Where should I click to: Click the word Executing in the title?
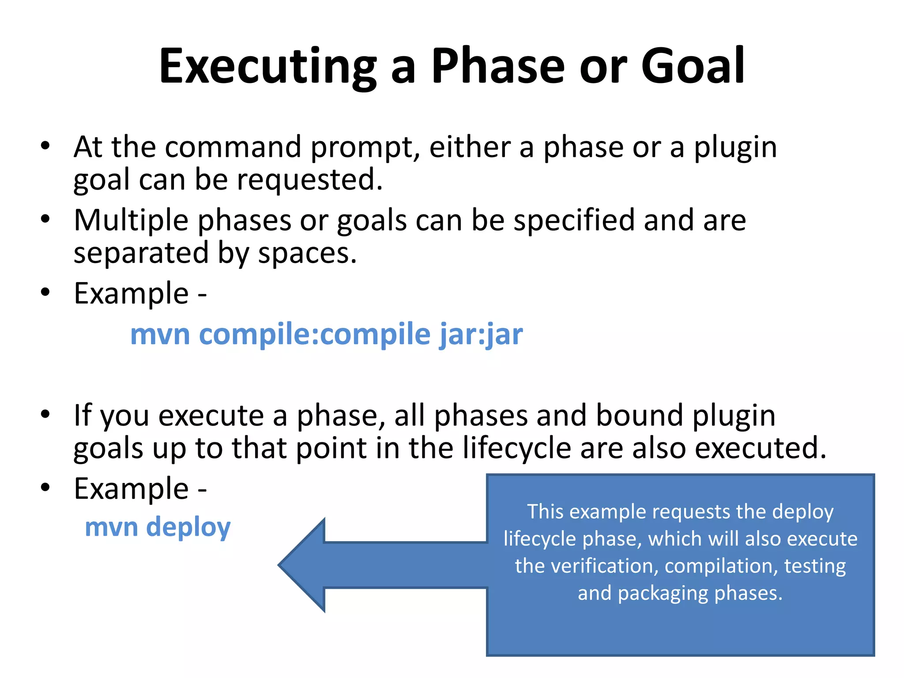tap(267, 66)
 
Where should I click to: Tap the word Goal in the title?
tap(693, 66)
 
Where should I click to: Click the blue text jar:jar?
tap(481, 334)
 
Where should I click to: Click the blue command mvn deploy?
tap(158, 527)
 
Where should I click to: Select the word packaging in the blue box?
tap(663, 593)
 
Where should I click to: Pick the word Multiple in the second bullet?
tap(131, 220)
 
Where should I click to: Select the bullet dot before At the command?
tap(45, 146)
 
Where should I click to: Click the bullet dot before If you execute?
tap(45, 414)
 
